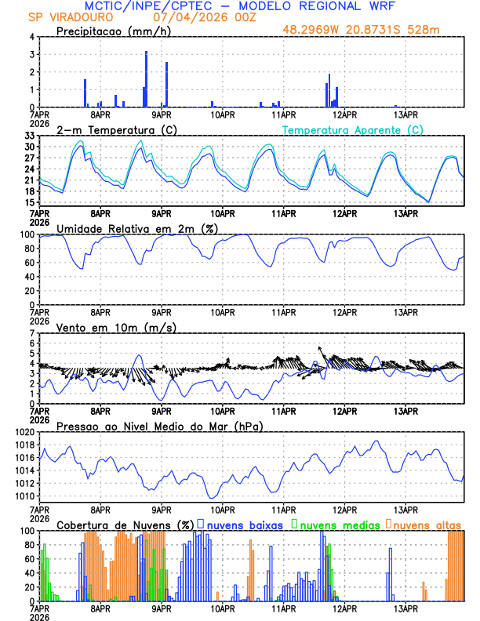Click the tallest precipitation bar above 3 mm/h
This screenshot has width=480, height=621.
pos(146,78)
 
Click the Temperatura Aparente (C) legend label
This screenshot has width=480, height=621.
pos(353,129)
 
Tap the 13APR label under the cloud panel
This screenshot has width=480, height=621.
pos(405,608)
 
